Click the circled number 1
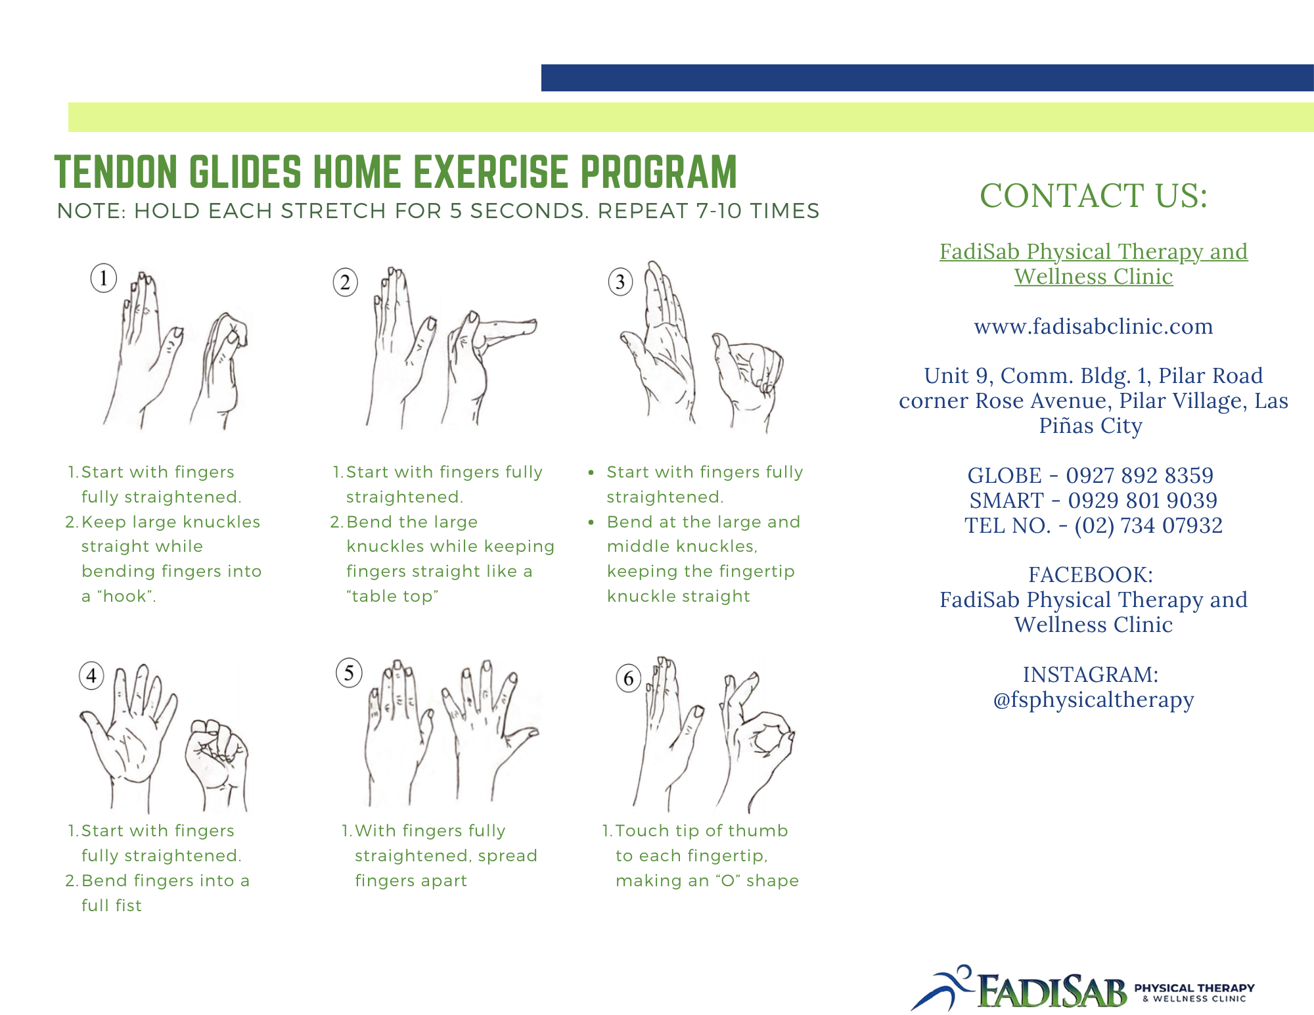[103, 278]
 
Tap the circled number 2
[345, 282]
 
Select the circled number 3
[620, 282]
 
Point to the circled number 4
[91, 675]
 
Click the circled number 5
[349, 673]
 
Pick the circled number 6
[629, 678]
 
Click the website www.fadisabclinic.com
[1093, 327]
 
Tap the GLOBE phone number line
[1091, 475]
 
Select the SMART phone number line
[1093, 500]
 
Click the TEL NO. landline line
[1093, 525]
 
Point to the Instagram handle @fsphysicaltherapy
[1093, 700]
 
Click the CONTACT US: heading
[1093, 196]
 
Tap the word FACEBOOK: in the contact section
[1091, 575]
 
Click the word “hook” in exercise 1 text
[127, 597]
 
